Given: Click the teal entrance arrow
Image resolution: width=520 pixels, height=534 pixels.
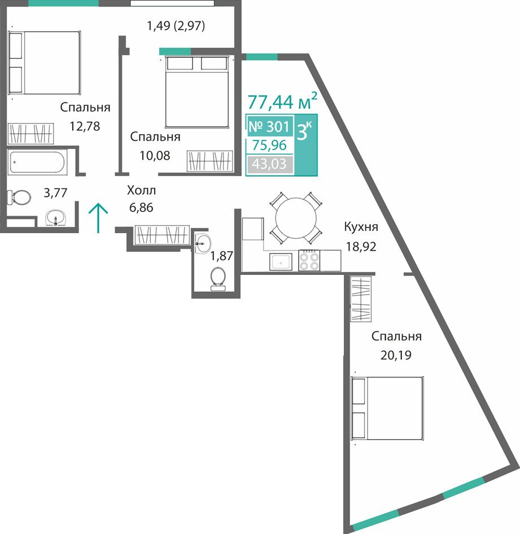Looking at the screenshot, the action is [x=98, y=218].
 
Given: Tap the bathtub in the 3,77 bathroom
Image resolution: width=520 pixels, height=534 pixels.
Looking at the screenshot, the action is [x=37, y=163].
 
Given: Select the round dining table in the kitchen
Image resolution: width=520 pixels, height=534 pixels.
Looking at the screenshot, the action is [x=296, y=218].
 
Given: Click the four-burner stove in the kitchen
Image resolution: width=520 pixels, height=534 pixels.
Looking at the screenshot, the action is [x=309, y=261].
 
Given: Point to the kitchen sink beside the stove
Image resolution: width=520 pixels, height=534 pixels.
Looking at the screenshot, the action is [x=281, y=262].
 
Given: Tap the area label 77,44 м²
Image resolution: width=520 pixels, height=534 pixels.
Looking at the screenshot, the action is [x=282, y=101].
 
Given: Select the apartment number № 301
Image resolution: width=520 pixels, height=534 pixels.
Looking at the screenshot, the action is [x=269, y=126].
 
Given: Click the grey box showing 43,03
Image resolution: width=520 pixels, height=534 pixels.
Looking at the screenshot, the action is [x=270, y=164].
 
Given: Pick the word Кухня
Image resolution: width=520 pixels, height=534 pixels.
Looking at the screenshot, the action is [x=361, y=227].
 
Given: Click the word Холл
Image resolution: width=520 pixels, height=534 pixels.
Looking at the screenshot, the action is [x=141, y=190].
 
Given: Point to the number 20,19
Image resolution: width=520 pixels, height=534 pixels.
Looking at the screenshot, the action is [x=396, y=355].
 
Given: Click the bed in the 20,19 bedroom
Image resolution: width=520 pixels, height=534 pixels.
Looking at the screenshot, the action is [x=387, y=408].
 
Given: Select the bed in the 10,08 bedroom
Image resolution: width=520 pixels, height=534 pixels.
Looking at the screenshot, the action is [x=197, y=91].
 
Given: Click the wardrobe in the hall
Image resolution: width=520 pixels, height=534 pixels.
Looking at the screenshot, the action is [x=161, y=235].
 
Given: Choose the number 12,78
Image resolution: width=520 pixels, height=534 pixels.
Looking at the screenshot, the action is [x=85, y=126].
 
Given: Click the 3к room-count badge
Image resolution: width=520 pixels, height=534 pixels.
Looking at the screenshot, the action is [x=304, y=131].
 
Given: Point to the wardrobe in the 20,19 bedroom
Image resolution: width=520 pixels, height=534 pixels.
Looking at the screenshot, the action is [x=361, y=299].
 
